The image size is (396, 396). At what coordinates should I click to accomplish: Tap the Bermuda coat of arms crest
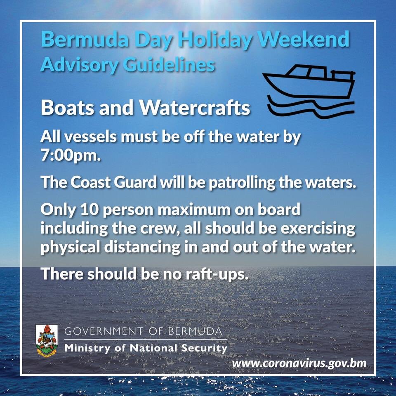[x=47, y=340]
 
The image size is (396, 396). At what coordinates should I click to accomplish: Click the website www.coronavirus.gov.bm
[x=299, y=364]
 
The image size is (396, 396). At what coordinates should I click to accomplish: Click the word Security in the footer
[x=205, y=349]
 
